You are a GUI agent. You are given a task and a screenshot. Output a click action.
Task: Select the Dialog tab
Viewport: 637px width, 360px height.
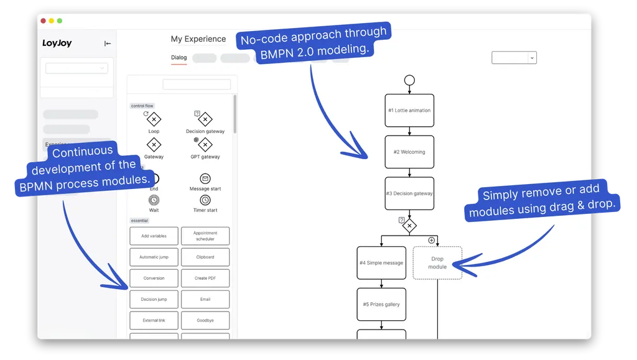[x=179, y=58]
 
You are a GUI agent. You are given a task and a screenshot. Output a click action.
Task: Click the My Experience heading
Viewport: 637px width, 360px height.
[x=198, y=39]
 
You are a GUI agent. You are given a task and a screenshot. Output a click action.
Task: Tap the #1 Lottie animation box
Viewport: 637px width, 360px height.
[x=409, y=111]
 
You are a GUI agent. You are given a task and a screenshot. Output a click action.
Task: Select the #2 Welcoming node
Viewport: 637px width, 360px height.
[x=409, y=152]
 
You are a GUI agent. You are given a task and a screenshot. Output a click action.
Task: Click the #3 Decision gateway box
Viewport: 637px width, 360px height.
[x=409, y=193]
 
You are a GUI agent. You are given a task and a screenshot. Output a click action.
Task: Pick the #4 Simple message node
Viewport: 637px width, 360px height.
[x=381, y=263]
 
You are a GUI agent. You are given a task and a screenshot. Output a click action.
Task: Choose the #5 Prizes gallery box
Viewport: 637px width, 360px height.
[x=381, y=305]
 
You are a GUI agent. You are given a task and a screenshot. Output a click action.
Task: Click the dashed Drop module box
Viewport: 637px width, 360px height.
[x=437, y=262]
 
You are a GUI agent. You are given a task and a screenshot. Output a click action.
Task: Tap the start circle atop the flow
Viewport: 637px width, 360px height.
[x=409, y=80]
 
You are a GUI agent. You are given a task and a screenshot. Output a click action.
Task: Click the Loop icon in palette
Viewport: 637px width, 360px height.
[x=154, y=120]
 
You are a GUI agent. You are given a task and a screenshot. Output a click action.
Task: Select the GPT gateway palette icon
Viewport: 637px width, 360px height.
[x=205, y=145]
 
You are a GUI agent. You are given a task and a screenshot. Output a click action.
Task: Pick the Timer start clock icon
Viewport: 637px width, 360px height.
[x=205, y=200]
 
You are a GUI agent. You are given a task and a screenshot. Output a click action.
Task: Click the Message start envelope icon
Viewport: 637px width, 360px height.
[x=205, y=179]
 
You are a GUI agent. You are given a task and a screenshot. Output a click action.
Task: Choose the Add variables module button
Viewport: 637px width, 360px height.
[x=154, y=236]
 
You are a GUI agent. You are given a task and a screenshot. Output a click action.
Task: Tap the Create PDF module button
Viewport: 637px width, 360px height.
[x=205, y=278]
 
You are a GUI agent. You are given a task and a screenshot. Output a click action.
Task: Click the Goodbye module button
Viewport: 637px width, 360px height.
[x=205, y=320]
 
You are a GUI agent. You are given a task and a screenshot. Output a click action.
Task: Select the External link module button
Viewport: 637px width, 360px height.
[x=154, y=320]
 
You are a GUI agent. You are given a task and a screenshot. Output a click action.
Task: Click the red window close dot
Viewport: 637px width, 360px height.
[x=44, y=21]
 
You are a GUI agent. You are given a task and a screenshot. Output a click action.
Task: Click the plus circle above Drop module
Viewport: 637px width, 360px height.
[x=431, y=240]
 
